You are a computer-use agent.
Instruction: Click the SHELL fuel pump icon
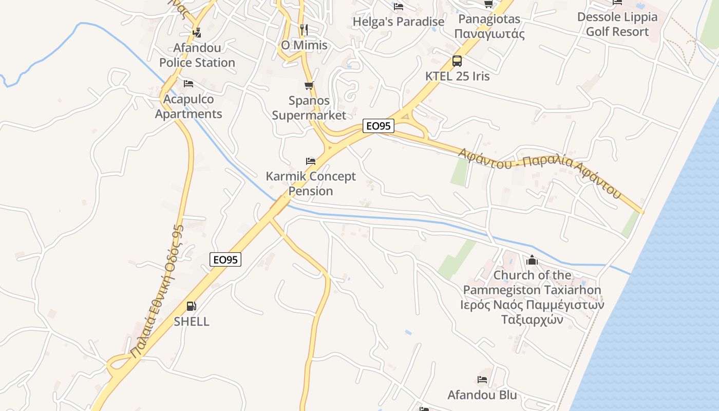click(x=191, y=307)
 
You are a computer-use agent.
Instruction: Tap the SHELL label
click(x=192, y=322)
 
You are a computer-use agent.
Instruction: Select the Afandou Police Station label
click(x=197, y=55)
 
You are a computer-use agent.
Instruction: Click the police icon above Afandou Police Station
click(x=197, y=33)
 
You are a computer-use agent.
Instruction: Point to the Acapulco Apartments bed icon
click(x=188, y=84)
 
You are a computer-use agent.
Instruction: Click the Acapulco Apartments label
click(x=188, y=106)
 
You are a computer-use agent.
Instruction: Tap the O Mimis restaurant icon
click(x=304, y=29)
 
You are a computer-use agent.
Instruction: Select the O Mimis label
click(x=304, y=45)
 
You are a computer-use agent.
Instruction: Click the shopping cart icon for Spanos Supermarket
click(x=309, y=85)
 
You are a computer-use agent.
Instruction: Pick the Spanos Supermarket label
click(x=309, y=108)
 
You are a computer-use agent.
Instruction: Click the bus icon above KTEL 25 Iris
click(x=457, y=61)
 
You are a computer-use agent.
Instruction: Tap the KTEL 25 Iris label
click(x=457, y=76)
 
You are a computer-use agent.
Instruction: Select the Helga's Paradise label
click(x=399, y=22)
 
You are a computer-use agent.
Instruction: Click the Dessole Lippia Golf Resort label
click(x=617, y=24)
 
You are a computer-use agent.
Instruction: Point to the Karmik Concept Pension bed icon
click(x=311, y=161)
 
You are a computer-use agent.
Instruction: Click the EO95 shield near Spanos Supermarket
click(x=379, y=126)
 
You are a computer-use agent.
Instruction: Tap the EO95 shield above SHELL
click(x=225, y=260)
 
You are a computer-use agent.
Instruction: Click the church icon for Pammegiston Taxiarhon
click(x=532, y=260)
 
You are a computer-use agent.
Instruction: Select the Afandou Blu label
click(x=482, y=395)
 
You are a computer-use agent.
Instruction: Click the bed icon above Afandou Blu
click(x=482, y=380)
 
